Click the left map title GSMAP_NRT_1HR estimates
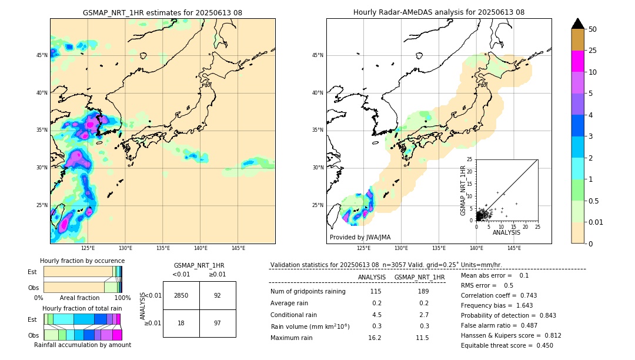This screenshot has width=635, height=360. coord(162,12)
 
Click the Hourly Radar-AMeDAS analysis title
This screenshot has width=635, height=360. coord(439,12)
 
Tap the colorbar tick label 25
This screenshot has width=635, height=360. coord(593,51)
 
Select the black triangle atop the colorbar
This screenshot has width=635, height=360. coord(578,24)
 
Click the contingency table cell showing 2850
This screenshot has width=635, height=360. coord(181,295)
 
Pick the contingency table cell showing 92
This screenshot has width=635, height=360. coord(218,295)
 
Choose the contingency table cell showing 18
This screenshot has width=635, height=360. coord(181,323)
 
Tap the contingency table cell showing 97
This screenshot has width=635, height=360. coord(218,323)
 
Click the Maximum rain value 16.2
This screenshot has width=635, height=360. coord(375,338)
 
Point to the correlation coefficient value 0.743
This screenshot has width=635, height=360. coord(524,295)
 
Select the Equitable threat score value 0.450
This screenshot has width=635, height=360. coord(541,345)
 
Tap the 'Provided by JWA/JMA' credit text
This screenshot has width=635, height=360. coord(360,237)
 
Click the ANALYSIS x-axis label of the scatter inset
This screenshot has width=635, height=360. coord(506,232)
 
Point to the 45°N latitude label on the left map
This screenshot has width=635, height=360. coord(42,55)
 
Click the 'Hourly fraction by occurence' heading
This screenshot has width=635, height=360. coord(82,261)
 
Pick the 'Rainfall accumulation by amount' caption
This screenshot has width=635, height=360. coord(82,345)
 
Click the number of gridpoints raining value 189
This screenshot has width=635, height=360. coord(419,291)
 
